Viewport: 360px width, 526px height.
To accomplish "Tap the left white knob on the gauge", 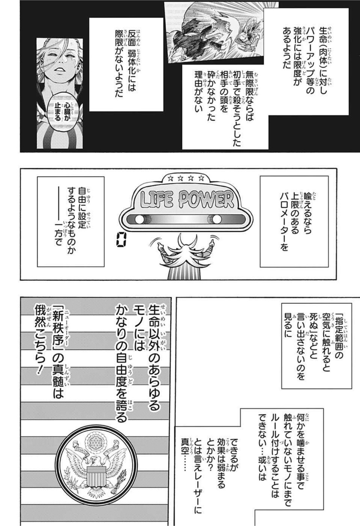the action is pyautogui.click(x=140, y=220).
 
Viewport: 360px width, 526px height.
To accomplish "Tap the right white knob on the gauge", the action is pyautogui.click(x=217, y=220).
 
